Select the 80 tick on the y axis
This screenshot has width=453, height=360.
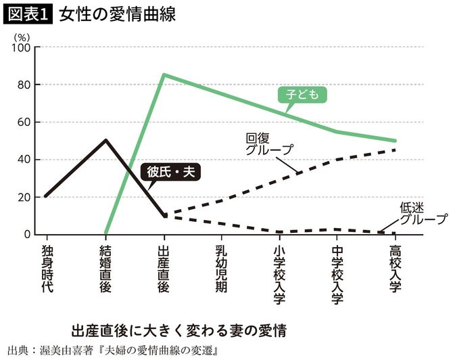coord(24,85)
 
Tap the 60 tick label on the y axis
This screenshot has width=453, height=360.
coord(24,122)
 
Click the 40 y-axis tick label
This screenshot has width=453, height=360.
coord(24,160)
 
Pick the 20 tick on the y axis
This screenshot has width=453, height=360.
coord(24,198)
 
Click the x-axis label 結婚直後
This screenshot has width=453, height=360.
coord(105,267)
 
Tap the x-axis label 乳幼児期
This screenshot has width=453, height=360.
coord(221,267)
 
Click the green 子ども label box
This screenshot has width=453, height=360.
coord(302,95)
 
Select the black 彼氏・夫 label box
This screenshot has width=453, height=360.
coord(170,173)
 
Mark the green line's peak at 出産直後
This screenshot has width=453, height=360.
coord(163,74)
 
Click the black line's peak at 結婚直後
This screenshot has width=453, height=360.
coord(105,140)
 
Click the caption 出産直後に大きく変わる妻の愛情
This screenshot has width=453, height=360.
coord(178,332)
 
